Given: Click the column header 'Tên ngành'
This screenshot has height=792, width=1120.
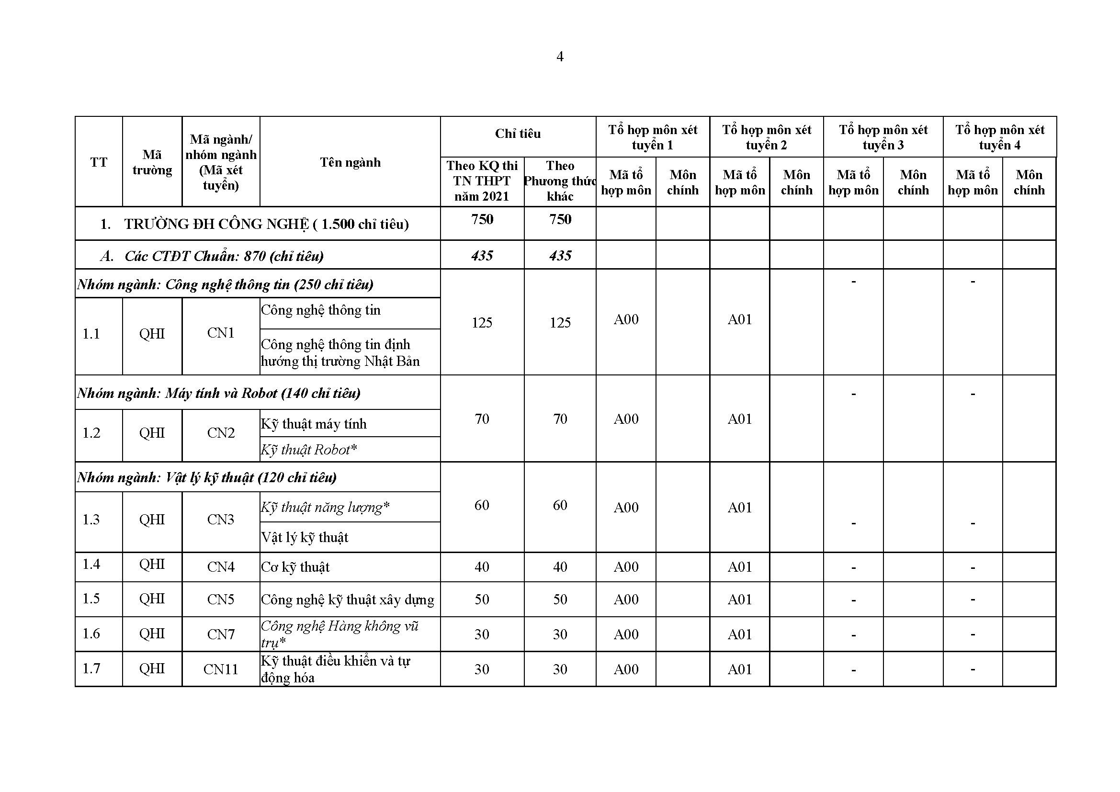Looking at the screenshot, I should [x=350, y=162].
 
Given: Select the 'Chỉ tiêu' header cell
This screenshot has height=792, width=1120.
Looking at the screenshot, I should [x=518, y=134].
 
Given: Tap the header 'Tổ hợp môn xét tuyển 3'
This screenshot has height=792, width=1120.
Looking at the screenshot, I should [x=883, y=137].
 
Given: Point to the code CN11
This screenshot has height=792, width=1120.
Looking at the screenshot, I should [x=220, y=669].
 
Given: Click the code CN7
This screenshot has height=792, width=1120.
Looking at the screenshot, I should [x=220, y=634].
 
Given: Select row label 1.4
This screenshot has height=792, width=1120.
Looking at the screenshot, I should [x=91, y=564].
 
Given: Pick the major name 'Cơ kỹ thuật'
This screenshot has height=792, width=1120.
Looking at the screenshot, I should [x=295, y=567].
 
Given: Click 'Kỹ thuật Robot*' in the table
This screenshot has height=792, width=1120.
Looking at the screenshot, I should [x=309, y=450].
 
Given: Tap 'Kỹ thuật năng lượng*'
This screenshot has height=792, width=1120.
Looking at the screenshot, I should [x=325, y=507].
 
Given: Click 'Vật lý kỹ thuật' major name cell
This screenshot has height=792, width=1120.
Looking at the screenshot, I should [x=305, y=537].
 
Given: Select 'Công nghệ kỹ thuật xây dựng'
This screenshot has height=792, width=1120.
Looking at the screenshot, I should [x=347, y=600].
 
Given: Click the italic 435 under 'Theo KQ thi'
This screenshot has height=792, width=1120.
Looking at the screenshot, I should [x=482, y=256].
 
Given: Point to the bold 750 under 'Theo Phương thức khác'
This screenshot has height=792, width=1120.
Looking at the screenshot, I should [x=560, y=219].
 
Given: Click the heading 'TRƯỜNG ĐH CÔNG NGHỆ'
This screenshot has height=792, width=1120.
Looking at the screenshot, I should [x=266, y=224].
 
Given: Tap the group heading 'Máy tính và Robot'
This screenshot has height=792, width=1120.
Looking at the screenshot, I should [x=218, y=393].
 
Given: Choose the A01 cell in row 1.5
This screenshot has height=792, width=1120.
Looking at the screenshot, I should [x=739, y=600].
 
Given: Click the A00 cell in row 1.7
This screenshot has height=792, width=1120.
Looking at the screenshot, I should [x=626, y=669].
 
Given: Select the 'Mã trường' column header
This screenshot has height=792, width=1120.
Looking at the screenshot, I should [x=152, y=162].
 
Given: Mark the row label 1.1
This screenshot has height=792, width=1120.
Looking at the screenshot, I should [x=91, y=334].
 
